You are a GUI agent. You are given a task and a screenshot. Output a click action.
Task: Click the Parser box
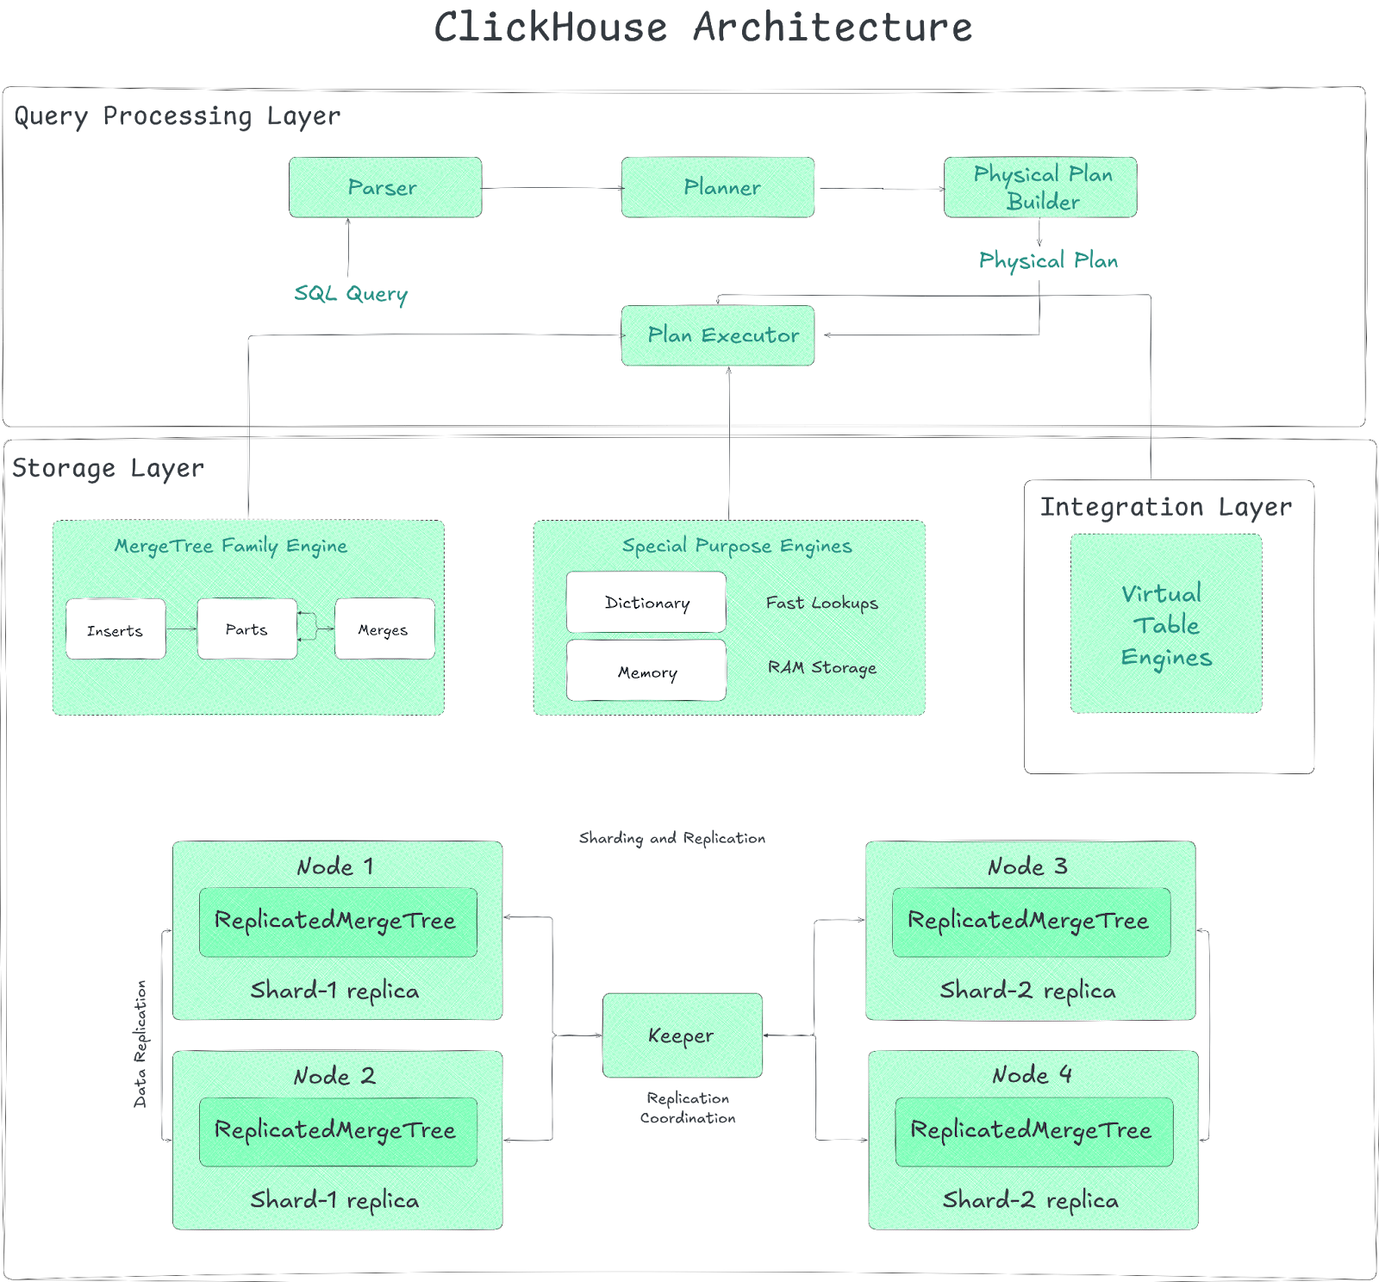pyautogui.click(x=384, y=187)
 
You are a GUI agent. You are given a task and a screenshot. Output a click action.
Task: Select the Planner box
pyautogui.click(x=717, y=187)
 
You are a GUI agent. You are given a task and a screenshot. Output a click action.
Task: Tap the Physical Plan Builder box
pyautogui.click(x=1040, y=187)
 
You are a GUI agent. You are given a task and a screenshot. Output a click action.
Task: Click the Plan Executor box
pyautogui.click(x=717, y=335)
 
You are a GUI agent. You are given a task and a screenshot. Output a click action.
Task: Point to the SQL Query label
pyautogui.click(x=351, y=294)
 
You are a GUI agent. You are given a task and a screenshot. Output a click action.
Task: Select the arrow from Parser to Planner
pyautogui.click(x=552, y=188)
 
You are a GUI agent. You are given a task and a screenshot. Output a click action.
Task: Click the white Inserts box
pyautogui.click(x=115, y=629)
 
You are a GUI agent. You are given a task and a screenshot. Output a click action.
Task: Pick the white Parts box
pyautogui.click(x=246, y=629)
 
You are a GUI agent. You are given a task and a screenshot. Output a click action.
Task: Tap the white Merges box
pyautogui.click(x=384, y=629)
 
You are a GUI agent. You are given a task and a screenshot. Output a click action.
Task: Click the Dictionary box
pyautogui.click(x=646, y=602)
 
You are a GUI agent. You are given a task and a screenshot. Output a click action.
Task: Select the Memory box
pyautogui.click(x=646, y=671)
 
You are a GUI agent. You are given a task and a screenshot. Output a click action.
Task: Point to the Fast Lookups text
pyautogui.click(x=822, y=603)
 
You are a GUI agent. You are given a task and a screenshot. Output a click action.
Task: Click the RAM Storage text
pyautogui.click(x=822, y=667)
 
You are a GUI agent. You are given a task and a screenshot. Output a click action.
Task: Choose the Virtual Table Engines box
pyautogui.click(x=1165, y=623)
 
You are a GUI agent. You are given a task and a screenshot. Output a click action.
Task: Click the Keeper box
pyautogui.click(x=682, y=1035)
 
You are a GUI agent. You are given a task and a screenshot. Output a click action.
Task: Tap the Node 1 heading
pyautogui.click(x=335, y=866)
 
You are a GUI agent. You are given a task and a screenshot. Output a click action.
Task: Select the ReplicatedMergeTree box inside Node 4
pyautogui.click(x=1033, y=1131)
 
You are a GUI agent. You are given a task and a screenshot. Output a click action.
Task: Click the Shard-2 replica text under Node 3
pyautogui.click(x=1027, y=991)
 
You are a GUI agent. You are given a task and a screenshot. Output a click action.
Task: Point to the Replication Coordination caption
pyautogui.click(x=688, y=1108)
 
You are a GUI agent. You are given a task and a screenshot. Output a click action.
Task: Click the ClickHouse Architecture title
pyautogui.click(x=702, y=28)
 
